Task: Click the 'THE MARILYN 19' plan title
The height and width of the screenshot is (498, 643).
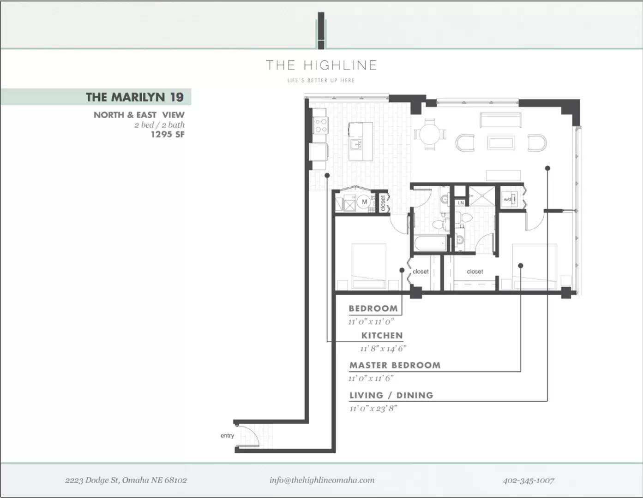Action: (x=135, y=97)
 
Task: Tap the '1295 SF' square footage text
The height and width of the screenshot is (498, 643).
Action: (x=168, y=135)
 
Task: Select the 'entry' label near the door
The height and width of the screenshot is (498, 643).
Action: (x=227, y=436)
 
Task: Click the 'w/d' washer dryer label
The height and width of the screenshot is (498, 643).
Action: (x=507, y=199)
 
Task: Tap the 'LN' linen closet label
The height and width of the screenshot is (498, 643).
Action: (x=461, y=203)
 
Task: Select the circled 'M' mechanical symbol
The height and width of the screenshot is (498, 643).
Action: (x=364, y=202)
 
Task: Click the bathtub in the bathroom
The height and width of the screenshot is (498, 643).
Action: (x=430, y=243)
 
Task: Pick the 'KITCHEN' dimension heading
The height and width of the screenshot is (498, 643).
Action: (x=382, y=335)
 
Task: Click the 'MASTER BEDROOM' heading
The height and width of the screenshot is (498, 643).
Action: (x=395, y=365)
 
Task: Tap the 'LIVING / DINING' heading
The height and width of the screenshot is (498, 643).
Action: (x=391, y=395)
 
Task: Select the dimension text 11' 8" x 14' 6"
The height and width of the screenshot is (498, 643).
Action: (x=383, y=349)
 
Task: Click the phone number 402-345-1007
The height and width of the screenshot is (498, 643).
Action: (x=529, y=480)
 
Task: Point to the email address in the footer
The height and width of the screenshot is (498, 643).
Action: (x=322, y=480)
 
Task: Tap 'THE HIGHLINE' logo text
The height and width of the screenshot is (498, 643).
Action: (x=321, y=65)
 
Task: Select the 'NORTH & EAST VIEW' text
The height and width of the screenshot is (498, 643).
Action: (x=139, y=115)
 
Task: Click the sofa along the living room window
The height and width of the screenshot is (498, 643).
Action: (x=501, y=120)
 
